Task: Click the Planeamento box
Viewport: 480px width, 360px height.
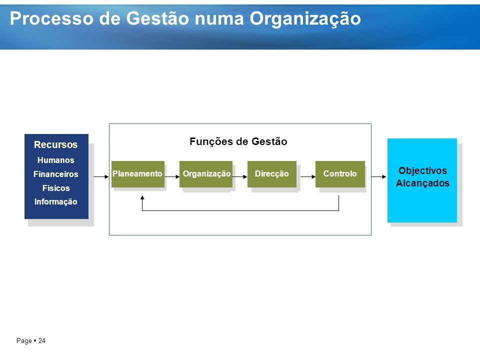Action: [138, 174]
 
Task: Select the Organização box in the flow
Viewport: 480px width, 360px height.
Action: [205, 174]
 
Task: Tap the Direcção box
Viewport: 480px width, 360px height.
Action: [272, 174]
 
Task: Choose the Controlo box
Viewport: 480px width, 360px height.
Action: [340, 174]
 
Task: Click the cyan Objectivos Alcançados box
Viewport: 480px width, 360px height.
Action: [422, 180]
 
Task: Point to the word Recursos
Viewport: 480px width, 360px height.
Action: [55, 144]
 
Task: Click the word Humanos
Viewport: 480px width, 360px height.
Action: [55, 160]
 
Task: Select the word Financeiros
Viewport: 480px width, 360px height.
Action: [55, 174]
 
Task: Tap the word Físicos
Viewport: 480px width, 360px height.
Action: [56, 188]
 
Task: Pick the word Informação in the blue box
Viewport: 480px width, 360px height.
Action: [55, 201]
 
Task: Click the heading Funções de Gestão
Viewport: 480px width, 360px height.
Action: [238, 141]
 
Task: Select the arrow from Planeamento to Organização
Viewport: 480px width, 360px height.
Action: [172, 176]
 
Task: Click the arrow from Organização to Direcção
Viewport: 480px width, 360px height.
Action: [239, 176]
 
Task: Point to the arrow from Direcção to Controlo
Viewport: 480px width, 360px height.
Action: [308, 176]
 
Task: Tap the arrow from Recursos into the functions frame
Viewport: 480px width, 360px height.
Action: [101, 176]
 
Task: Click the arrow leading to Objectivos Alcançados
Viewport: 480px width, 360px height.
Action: [378, 176]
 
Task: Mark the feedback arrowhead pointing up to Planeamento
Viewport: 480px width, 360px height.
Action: [142, 198]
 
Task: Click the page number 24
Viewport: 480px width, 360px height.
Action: [41, 340]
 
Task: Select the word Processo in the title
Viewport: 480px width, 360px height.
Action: [51, 18]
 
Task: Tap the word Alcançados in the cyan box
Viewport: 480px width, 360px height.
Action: [423, 183]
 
